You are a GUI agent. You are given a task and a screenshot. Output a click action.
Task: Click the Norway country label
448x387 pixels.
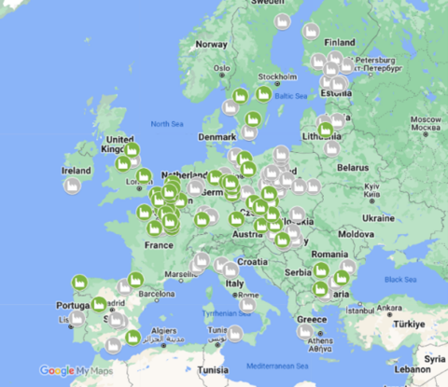tap(211, 44)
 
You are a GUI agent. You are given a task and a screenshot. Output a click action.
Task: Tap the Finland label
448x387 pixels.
tap(340, 42)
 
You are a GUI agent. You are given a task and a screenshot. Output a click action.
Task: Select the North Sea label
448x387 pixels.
tap(167, 123)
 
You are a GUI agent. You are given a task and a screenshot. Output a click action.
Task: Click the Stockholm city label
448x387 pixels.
tap(277, 76)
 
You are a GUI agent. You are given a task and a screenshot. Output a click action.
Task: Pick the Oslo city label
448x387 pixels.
tap(221, 67)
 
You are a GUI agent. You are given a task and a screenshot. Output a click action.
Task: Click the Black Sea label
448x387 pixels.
tap(399, 279)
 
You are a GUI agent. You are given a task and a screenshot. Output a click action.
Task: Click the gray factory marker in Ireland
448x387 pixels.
tap(73, 185)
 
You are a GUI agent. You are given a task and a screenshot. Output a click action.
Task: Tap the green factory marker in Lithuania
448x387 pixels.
tap(326, 131)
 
